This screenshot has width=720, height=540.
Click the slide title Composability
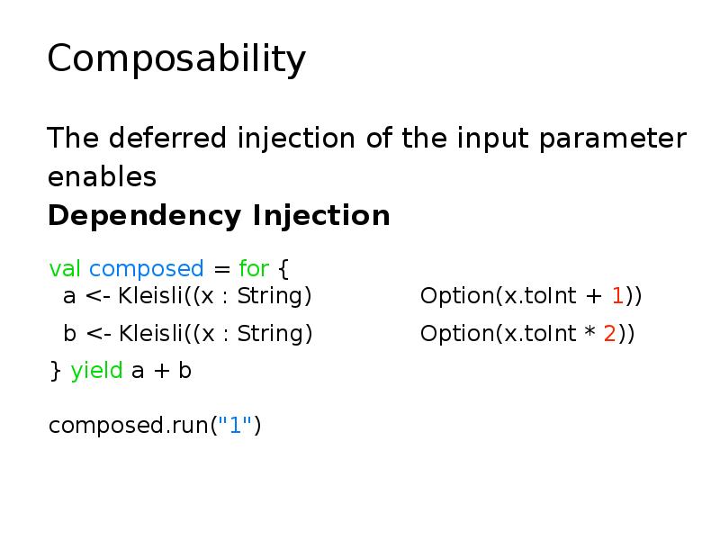pyautogui.click(x=176, y=60)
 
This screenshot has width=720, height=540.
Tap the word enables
pyautogui.click(x=102, y=177)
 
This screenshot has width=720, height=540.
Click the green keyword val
pyautogui.click(x=65, y=269)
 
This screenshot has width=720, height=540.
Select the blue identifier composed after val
pyautogui.click(x=147, y=269)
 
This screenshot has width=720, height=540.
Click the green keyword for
pyautogui.click(x=254, y=269)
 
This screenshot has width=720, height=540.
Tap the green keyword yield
pyautogui.click(x=96, y=371)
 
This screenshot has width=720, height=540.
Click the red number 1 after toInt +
pyautogui.click(x=617, y=296)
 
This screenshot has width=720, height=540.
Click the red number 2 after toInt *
pyautogui.click(x=609, y=334)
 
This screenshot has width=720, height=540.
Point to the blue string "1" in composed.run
pyautogui.click(x=237, y=425)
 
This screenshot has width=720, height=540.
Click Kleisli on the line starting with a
pyautogui.click(x=149, y=296)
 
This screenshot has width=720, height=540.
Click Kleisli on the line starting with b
pyautogui.click(x=149, y=334)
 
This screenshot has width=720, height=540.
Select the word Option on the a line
pyautogui.click(x=455, y=296)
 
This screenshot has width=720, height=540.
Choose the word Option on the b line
pyautogui.click(x=455, y=334)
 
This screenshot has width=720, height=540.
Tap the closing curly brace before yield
pyautogui.click(x=54, y=371)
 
